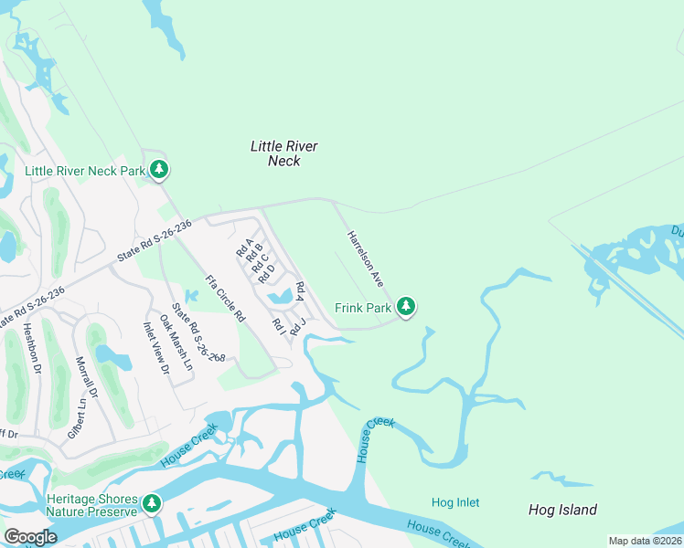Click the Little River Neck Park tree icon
click(160, 170)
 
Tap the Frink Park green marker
click(406, 308)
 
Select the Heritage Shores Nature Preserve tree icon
click(152, 503)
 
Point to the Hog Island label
click(562, 510)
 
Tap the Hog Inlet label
click(455, 502)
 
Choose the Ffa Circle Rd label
click(225, 298)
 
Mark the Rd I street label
click(277, 324)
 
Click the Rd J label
click(294, 327)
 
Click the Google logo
click(31, 537)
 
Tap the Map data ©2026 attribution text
click(646, 541)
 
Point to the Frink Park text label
click(363, 309)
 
